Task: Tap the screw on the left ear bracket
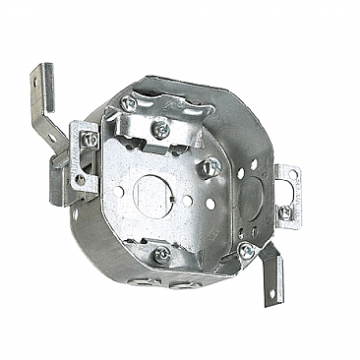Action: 89,140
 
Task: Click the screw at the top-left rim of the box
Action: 128,103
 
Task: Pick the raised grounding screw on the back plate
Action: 210,169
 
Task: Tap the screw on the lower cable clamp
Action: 162,254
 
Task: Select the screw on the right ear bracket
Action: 285,210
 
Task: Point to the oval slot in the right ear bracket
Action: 287,179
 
